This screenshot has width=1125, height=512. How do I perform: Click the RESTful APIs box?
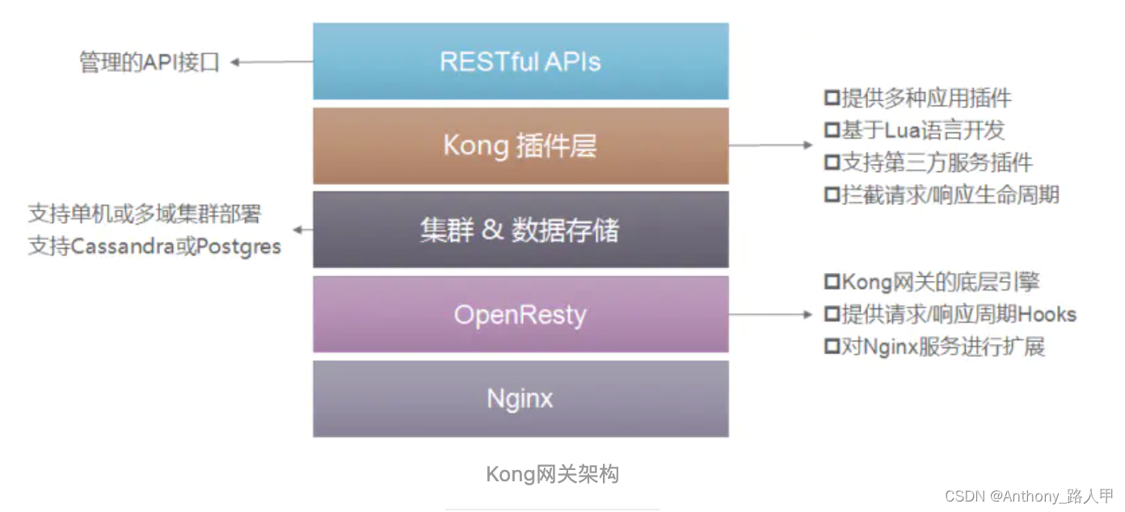click(x=520, y=61)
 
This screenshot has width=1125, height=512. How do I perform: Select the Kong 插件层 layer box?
click(x=520, y=146)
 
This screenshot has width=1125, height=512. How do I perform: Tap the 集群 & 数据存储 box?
click(x=520, y=230)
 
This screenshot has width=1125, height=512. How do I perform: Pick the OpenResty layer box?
click(x=520, y=314)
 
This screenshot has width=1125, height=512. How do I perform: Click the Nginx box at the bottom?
click(x=520, y=398)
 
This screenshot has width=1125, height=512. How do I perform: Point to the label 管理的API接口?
click(x=150, y=62)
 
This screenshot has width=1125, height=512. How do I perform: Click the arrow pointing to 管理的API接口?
click(x=271, y=62)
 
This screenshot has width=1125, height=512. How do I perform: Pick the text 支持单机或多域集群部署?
click(x=145, y=214)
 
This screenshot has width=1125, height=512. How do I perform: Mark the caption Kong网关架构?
click(x=552, y=474)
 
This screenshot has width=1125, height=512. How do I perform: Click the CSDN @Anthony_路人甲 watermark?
click(x=1029, y=496)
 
